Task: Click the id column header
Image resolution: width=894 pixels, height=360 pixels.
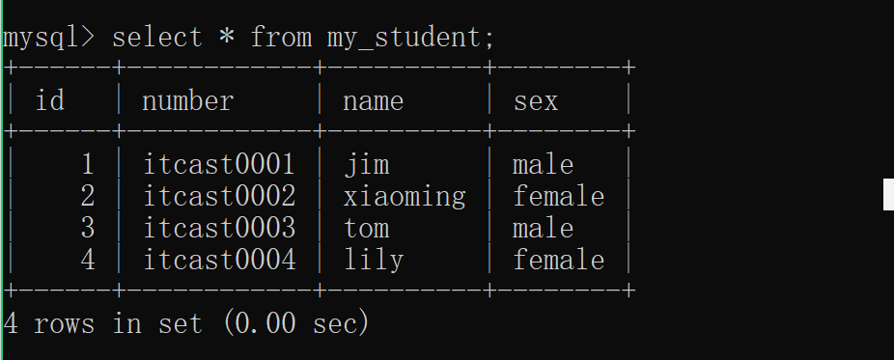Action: [49, 100]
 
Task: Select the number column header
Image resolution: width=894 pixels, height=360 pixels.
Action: [187, 101]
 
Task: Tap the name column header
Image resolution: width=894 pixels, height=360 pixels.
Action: [373, 102]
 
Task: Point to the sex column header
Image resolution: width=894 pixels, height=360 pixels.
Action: [536, 102]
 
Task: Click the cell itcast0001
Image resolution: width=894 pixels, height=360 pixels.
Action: [219, 164]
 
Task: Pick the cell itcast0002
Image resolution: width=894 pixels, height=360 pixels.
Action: [219, 196]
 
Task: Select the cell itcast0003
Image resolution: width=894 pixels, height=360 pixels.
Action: [219, 228]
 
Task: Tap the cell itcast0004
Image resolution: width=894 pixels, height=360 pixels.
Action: [219, 260]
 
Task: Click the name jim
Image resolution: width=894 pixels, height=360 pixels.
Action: [367, 165]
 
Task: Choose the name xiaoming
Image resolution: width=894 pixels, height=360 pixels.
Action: [405, 197]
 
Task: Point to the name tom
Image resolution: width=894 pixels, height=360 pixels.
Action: [367, 229]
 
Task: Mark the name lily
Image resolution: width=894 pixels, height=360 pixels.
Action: [374, 261]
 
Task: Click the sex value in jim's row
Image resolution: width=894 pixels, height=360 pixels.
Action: [543, 165]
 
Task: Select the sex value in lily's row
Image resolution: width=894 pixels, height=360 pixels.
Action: [559, 261]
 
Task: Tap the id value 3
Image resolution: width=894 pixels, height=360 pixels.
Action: [87, 229]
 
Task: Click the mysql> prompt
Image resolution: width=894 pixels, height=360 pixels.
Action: [48, 39]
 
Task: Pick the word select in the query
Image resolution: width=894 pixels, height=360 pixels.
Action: [156, 38]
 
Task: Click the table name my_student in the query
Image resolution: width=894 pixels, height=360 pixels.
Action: [410, 39]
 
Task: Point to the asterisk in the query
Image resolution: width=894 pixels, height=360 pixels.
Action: [226, 37]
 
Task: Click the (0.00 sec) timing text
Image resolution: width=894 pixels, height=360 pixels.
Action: [296, 323]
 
